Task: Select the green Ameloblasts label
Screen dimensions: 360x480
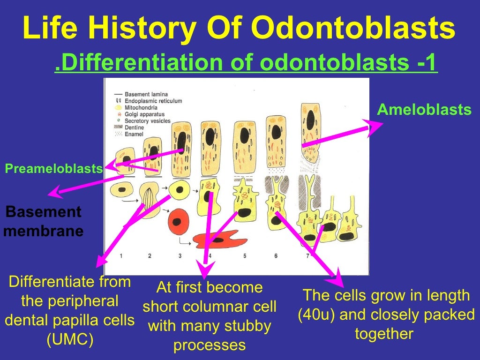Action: (424, 110)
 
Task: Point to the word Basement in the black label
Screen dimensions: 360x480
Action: (44, 212)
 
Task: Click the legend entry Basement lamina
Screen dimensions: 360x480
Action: (146, 95)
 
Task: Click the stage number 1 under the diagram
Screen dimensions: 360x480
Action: (121, 256)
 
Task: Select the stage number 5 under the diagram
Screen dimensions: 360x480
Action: (245, 256)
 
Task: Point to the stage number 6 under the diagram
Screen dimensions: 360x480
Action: (276, 256)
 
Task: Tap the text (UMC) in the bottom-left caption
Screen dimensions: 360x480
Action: (70, 340)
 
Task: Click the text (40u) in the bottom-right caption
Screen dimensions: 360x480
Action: (317, 314)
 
